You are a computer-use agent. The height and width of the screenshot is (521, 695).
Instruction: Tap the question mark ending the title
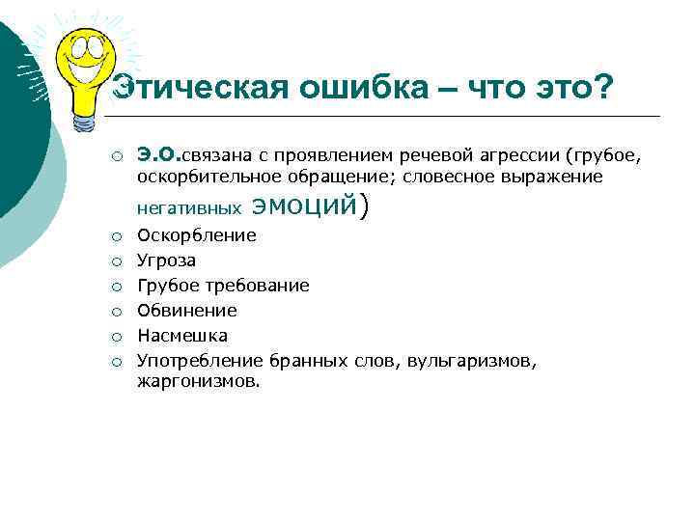coord(603,88)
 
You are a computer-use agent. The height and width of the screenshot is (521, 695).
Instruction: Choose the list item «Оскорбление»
coord(197,235)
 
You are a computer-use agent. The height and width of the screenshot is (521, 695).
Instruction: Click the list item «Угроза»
coord(166,260)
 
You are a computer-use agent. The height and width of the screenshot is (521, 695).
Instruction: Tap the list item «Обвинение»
coord(187,311)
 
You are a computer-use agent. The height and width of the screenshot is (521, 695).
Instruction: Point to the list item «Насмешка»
coord(182,336)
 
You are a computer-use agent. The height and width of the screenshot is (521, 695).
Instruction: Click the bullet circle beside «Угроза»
coord(114,260)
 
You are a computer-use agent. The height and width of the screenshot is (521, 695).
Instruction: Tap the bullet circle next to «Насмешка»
coord(114,336)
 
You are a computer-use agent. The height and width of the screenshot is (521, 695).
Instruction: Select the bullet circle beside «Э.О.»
coord(114,154)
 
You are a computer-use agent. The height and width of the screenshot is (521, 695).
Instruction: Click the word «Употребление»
coord(200,361)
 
